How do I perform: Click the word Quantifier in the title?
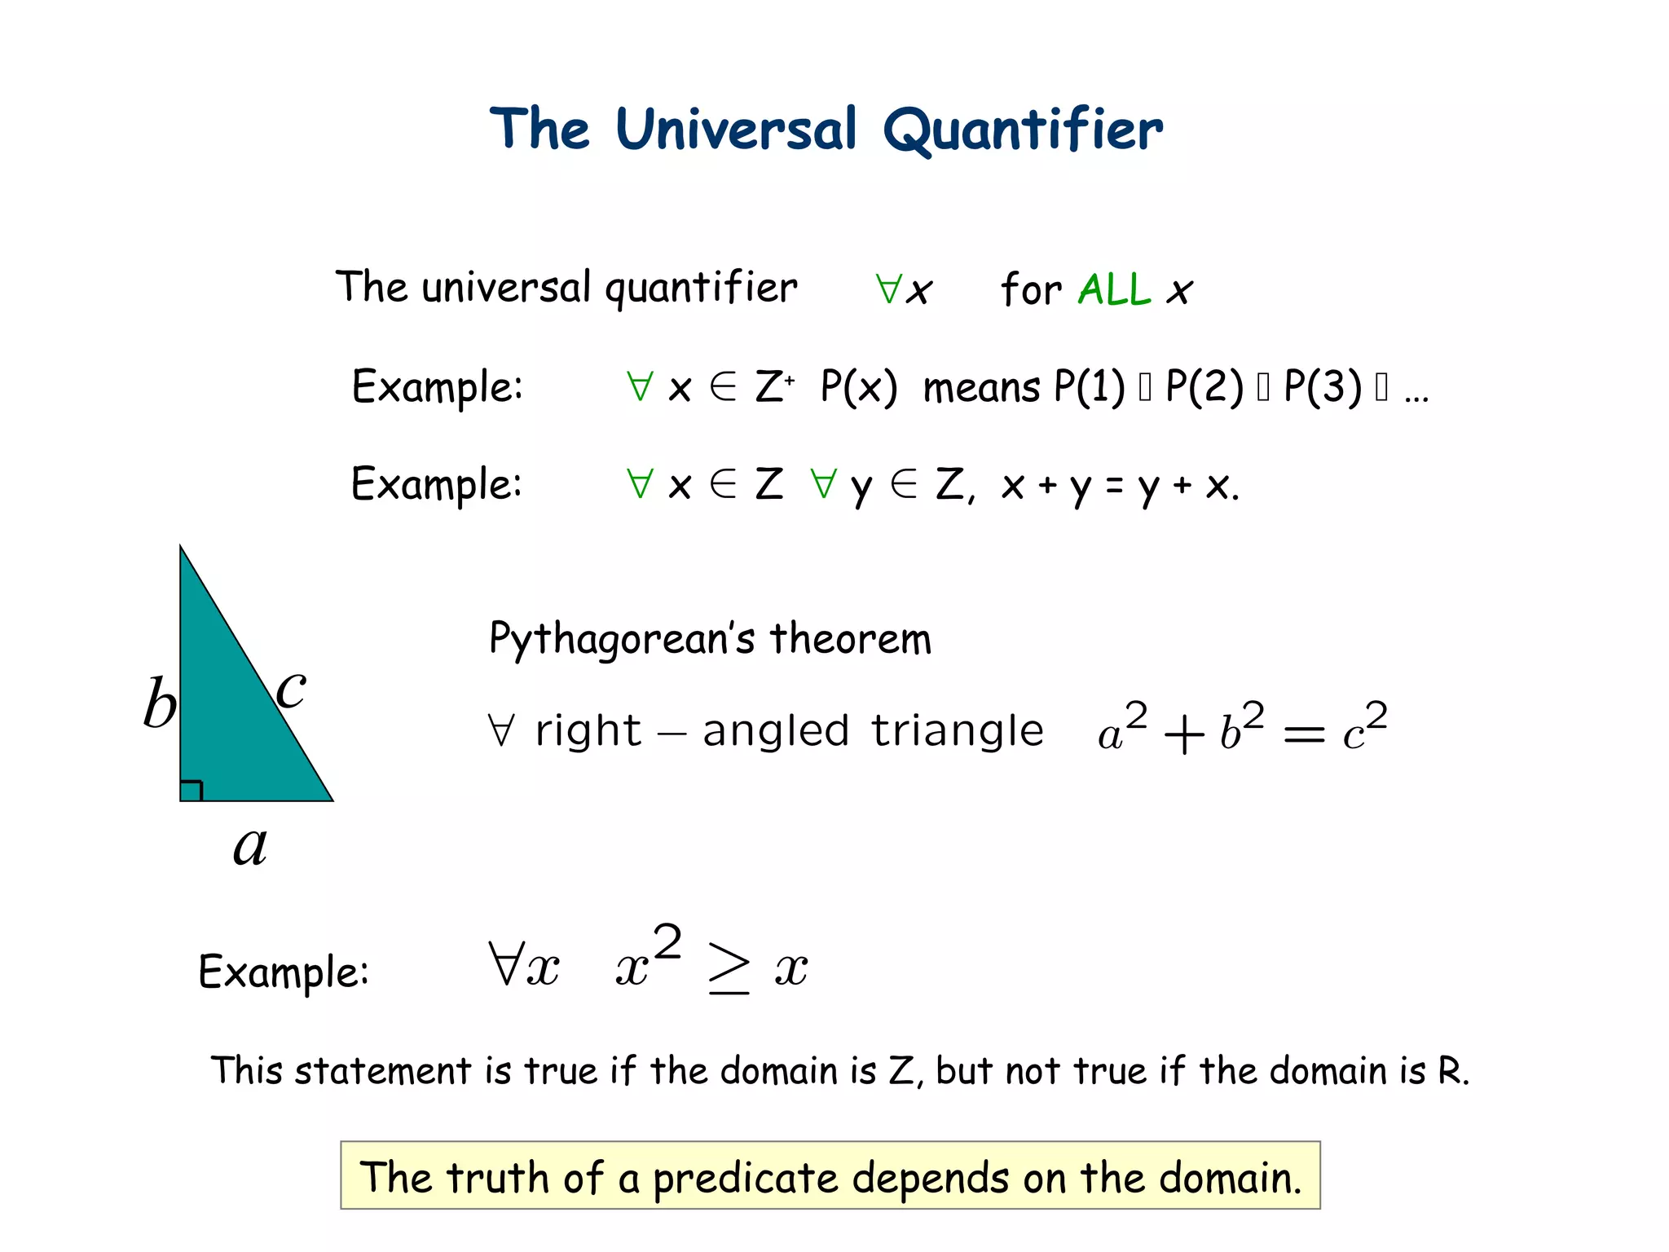pos(1023,130)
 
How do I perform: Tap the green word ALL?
pos(1114,289)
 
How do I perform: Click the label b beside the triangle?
pos(160,703)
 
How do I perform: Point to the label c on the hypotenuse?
pos(291,689)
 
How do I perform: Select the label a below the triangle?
pos(250,845)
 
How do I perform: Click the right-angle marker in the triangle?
pos(191,791)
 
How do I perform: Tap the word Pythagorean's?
pos(623,638)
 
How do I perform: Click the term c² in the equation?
pos(1364,727)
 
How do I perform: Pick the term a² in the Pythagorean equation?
pos(1122,727)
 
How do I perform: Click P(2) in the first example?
pos(1204,386)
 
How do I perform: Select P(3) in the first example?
pos(1323,386)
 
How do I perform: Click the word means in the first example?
pos(981,388)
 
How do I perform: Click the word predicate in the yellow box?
pos(745,1179)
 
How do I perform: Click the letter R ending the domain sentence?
pos(1450,1071)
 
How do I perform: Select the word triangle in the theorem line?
pos(958,730)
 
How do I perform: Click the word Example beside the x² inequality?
pos(283,972)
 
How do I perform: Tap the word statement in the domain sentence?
pos(382,1071)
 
